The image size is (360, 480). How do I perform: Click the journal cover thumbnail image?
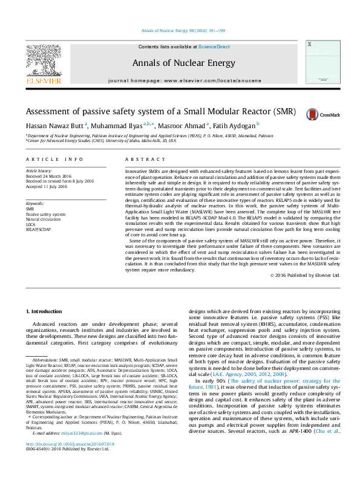point(319,62)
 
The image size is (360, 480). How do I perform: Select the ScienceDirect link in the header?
point(214,47)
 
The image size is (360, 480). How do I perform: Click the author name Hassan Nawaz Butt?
point(54,126)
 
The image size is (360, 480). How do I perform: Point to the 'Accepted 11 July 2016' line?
point(46,186)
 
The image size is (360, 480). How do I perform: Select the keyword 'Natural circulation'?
point(44,219)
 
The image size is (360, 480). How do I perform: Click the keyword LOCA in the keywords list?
point(31,224)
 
